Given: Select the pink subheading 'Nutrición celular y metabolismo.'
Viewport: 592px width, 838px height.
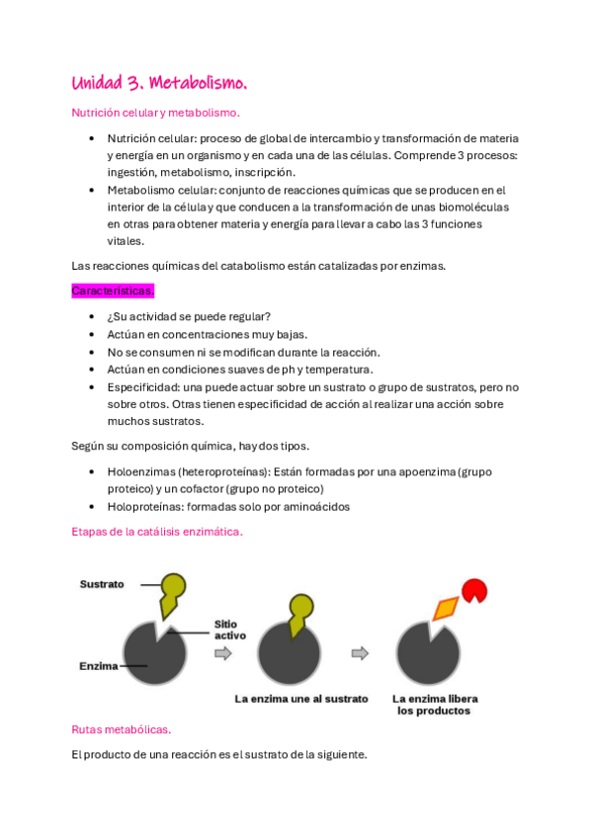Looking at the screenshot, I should click(155, 114).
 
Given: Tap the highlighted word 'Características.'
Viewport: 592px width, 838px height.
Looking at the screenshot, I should click(113, 292).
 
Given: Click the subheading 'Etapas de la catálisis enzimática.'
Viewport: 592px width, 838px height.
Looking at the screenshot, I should click(157, 531).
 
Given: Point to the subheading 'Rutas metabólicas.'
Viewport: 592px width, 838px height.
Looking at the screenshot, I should click(122, 729).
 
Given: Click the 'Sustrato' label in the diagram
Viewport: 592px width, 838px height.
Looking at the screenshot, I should click(102, 584).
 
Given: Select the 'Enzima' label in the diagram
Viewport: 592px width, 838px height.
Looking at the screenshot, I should click(99, 666).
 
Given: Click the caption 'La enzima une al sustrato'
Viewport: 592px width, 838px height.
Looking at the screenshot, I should click(301, 699).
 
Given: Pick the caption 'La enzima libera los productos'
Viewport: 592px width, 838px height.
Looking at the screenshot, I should click(430, 704).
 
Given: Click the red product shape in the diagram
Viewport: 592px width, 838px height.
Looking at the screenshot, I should click(474, 590).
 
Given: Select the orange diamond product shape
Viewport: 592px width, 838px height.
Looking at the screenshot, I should click(447, 608).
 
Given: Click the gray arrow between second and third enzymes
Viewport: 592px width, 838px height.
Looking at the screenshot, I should click(361, 652).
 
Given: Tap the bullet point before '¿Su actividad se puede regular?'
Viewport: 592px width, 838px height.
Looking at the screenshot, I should click(92, 317).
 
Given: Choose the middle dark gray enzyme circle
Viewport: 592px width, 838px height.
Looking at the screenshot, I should click(289, 654).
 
